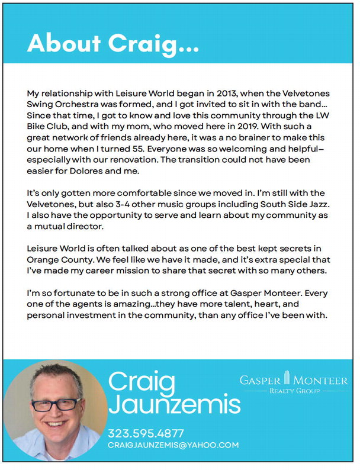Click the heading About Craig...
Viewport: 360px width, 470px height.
click(x=113, y=43)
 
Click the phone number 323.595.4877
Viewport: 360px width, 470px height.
click(x=146, y=433)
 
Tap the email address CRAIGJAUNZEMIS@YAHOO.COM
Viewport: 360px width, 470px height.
click(x=173, y=445)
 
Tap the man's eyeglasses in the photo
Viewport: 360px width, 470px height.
click(x=56, y=405)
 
